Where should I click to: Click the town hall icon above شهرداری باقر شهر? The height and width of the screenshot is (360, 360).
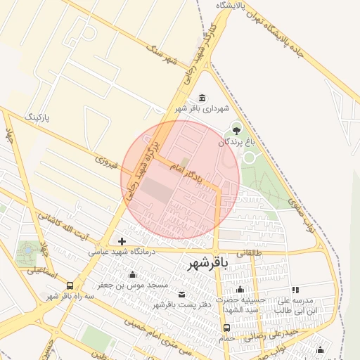[202, 97]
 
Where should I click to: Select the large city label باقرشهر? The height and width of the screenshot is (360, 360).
[208, 264]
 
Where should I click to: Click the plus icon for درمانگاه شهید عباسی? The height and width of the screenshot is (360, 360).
[122, 241]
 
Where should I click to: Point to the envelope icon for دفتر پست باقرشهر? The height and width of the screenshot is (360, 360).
[182, 293]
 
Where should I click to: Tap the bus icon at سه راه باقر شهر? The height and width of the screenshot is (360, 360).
[70, 285]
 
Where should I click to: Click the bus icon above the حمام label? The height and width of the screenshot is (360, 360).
[226, 327]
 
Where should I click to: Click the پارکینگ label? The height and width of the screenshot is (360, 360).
[38, 115]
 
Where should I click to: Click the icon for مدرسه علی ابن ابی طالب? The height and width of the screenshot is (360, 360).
[295, 289]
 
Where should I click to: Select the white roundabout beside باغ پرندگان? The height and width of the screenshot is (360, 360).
[249, 157]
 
